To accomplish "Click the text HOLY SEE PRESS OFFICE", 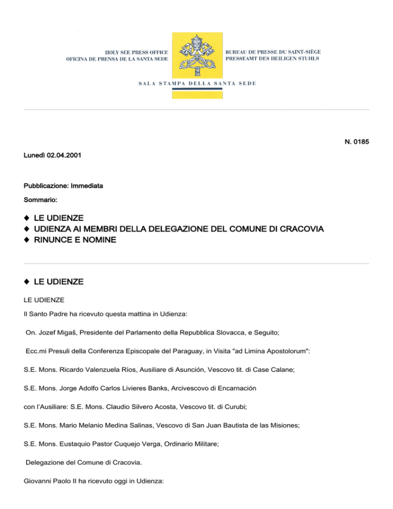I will pyautogui.click(x=137, y=53).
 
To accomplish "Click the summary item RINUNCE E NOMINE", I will pyautogui.click(x=75, y=239).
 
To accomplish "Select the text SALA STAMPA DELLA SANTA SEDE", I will pyautogui.click(x=197, y=83).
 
